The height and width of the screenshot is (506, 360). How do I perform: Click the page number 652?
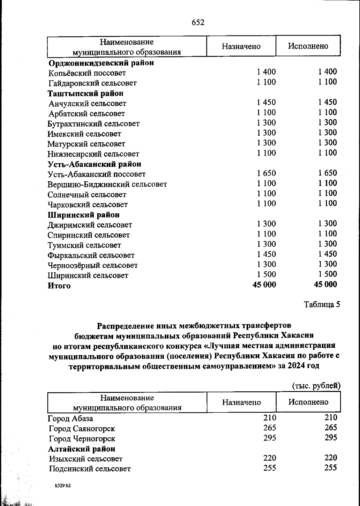[x=198, y=23]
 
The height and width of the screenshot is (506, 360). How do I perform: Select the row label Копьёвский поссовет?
[x=87, y=73]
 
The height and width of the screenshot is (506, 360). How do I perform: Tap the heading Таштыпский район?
[x=85, y=93]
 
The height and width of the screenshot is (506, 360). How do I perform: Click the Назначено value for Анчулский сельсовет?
[x=266, y=102]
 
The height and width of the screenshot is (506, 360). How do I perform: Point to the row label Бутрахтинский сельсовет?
[x=93, y=124]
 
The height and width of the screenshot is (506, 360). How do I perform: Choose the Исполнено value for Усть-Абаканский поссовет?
[x=328, y=173]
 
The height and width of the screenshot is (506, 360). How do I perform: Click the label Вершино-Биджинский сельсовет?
[x=107, y=184]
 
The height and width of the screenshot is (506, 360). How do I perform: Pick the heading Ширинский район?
[x=84, y=215]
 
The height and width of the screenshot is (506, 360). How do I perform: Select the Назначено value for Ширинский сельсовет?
[x=266, y=274]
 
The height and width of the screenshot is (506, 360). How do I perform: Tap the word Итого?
[x=59, y=286]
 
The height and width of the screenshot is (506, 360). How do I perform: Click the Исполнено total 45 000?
[x=325, y=285]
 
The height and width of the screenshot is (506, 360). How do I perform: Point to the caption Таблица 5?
[x=322, y=305]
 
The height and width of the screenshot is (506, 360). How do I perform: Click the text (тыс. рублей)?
[x=316, y=386]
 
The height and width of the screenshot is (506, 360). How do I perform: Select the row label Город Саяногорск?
[x=82, y=429]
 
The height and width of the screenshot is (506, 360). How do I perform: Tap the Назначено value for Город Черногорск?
[x=270, y=438]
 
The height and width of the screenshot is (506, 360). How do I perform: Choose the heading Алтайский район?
[x=82, y=449]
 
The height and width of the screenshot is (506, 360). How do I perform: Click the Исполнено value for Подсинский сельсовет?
[x=331, y=468]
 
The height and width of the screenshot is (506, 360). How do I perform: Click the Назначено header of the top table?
[x=241, y=46]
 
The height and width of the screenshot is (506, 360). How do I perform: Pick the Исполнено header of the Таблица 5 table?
[x=308, y=402]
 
